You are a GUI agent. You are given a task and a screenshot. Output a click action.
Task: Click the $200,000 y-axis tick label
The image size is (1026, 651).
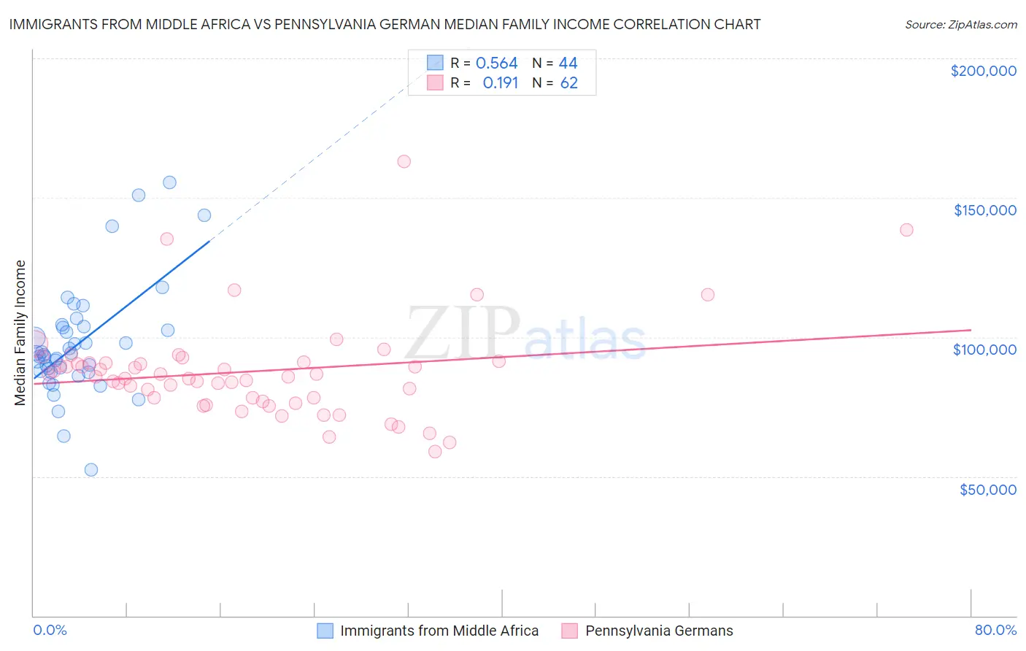pyautogui.click(x=983, y=71)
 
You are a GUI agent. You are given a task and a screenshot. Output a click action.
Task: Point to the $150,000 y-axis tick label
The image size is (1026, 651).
pyautogui.click(x=984, y=210)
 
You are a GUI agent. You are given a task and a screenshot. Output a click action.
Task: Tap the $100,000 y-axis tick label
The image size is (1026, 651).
pyautogui.click(x=984, y=350)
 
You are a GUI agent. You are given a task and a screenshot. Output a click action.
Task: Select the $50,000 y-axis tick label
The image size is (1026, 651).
pyautogui.click(x=987, y=490)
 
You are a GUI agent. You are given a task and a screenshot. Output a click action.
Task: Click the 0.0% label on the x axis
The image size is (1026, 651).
pyautogui.click(x=50, y=630)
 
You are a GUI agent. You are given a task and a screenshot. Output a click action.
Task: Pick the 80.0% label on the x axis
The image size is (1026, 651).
pyautogui.click(x=995, y=630)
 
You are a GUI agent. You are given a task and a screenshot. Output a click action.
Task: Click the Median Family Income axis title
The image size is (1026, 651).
pyautogui.click(x=20, y=333)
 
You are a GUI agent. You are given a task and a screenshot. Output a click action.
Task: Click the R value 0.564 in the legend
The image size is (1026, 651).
pyautogui.click(x=496, y=63)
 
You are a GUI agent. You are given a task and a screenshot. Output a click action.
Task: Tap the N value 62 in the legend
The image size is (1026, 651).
pyautogui.click(x=568, y=83)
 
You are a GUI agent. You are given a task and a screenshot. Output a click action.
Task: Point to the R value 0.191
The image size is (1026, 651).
pyautogui.click(x=500, y=83)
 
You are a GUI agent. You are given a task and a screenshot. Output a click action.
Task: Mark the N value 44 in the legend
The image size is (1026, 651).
pyautogui.click(x=568, y=63)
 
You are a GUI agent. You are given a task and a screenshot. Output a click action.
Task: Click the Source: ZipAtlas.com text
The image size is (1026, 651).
pyautogui.click(x=960, y=25)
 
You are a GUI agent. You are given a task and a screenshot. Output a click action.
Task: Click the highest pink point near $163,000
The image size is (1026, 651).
pyautogui.click(x=404, y=161)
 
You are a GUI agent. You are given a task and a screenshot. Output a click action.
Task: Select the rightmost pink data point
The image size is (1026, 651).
pyautogui.click(x=906, y=230)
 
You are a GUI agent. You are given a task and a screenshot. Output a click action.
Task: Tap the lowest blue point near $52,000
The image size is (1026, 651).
pyautogui.click(x=91, y=470)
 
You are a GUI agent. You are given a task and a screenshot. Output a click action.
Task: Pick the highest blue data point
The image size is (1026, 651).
pyautogui.click(x=169, y=182)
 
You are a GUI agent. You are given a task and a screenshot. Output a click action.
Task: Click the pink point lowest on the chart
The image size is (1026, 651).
pyautogui.click(x=435, y=452)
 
